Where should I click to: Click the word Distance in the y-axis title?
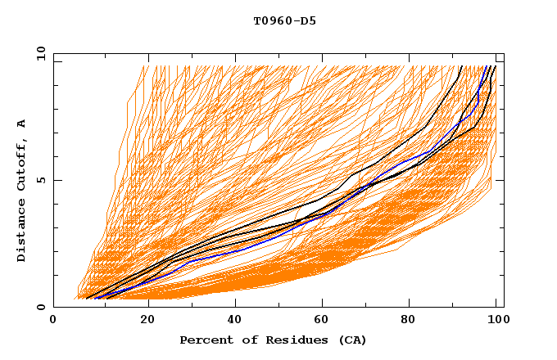[21, 232]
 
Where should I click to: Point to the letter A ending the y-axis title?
[21, 123]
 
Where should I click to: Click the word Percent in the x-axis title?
[206, 340]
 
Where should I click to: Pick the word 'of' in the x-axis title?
[247, 340]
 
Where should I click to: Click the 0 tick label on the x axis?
[53, 320]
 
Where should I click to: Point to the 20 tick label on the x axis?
[147, 320]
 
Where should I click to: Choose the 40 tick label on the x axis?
[237, 320]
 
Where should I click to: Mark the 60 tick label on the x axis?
[325, 320]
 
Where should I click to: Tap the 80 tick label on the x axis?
[414, 320]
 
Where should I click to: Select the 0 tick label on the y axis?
[40, 307]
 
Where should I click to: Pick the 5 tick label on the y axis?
[40, 180]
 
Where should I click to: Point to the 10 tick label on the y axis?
[38, 53]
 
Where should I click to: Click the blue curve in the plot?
[246, 245]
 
